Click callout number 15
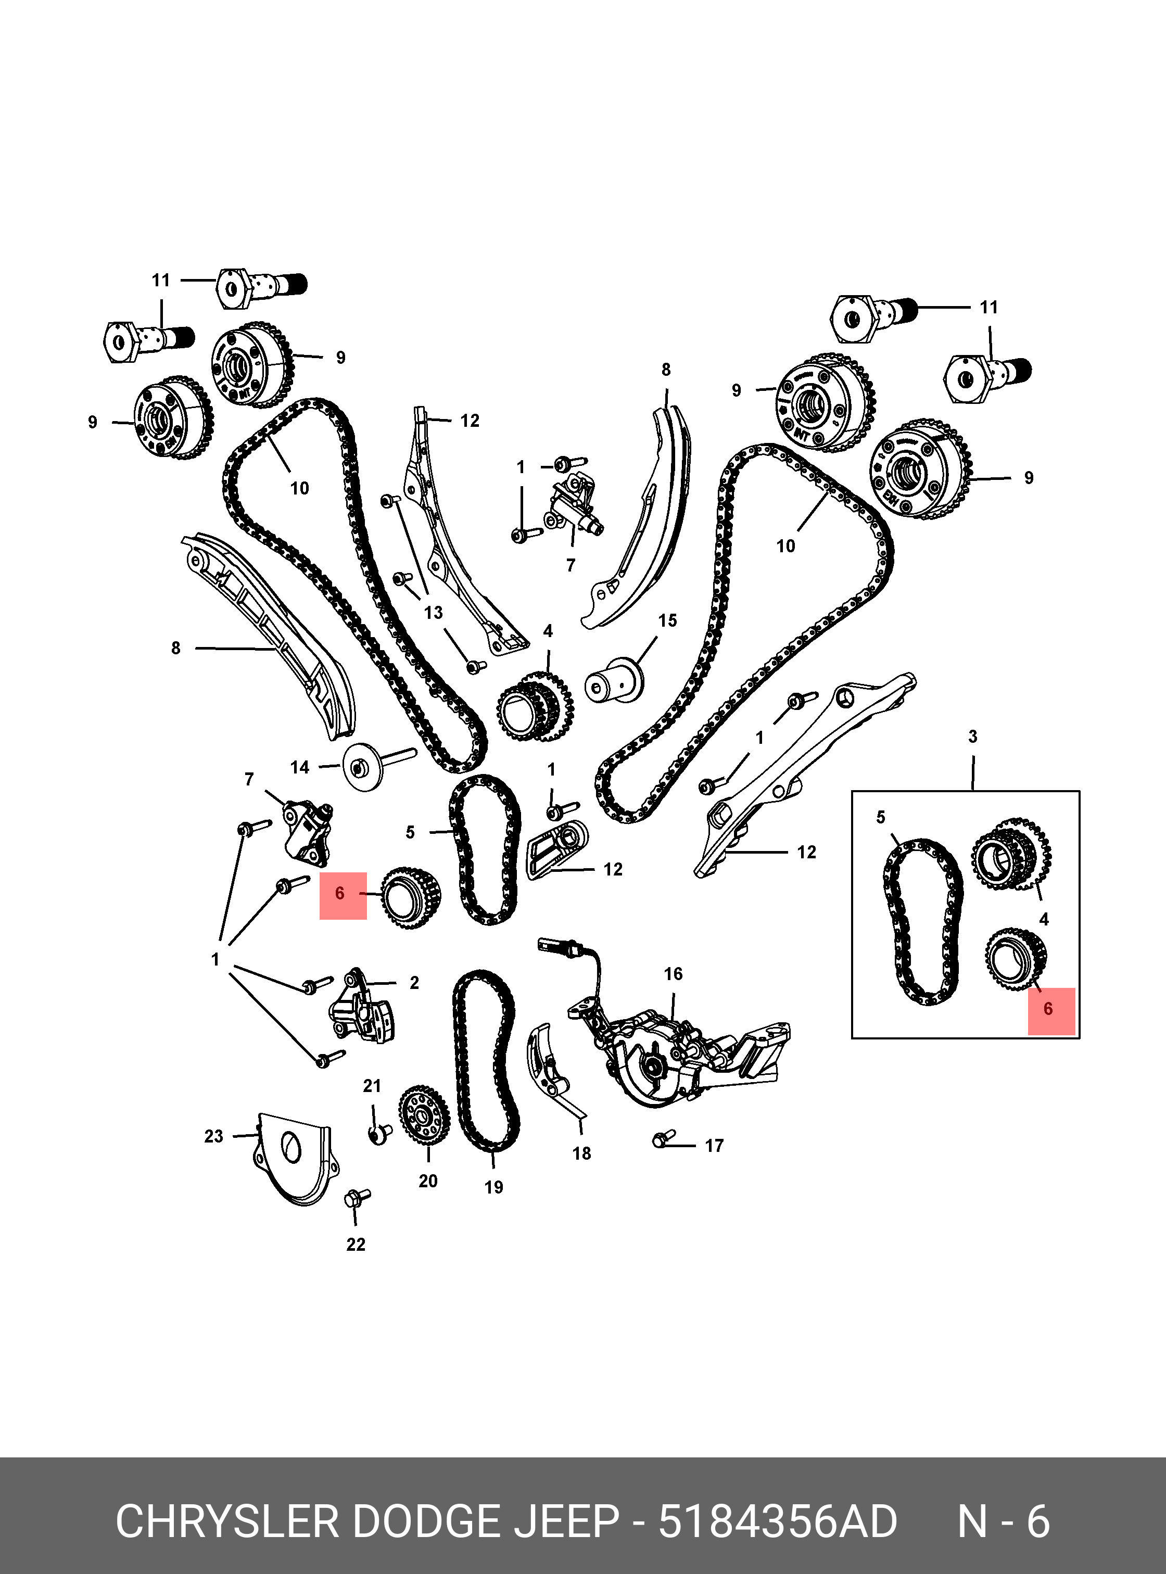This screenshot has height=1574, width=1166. coord(667,620)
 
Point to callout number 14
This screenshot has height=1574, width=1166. coord(300,767)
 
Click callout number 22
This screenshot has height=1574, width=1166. coord(356,1245)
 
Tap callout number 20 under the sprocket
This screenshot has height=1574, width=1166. coord(428,1181)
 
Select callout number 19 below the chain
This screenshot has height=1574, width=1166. coord(493,1187)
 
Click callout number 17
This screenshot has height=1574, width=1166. coord(714,1146)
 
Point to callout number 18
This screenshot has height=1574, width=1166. coord(581,1153)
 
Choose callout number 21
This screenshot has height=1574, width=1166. coord(372,1086)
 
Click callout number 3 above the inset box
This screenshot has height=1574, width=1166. coord(972,737)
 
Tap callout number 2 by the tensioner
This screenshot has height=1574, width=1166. coord(414,983)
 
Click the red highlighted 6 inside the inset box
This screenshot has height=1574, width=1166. coord(1049,1009)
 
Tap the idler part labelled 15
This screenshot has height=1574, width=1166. coord(614,681)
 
